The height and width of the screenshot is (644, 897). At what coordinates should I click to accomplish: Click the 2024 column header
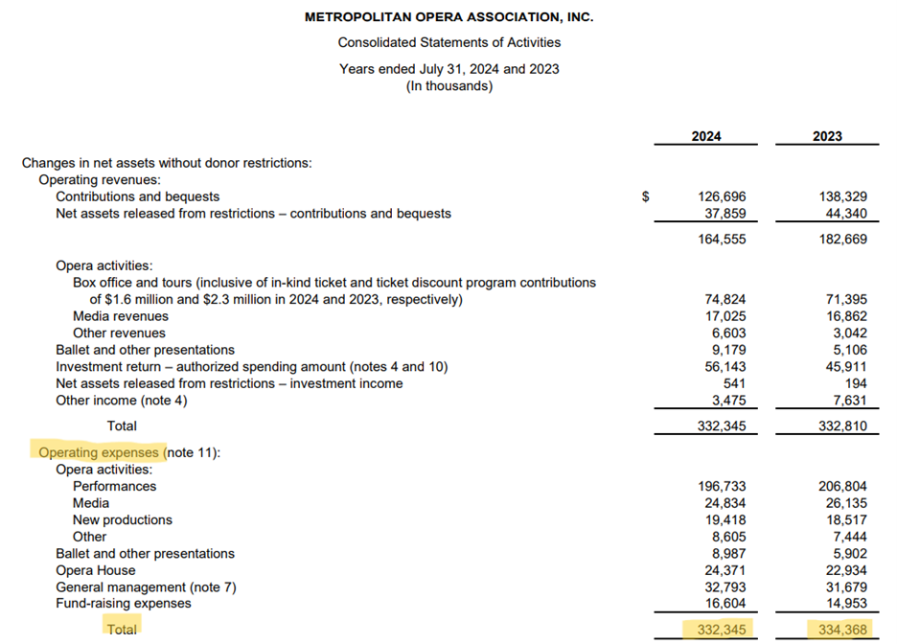(706, 136)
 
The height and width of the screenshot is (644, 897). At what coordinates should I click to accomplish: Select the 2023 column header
(827, 136)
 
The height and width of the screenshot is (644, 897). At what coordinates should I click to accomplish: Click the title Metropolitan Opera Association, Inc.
(448, 17)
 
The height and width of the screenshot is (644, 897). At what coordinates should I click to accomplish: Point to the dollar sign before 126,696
(646, 196)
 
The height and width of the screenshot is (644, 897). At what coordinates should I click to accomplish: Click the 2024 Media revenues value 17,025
(726, 316)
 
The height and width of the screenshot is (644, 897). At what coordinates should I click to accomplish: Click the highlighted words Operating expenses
(99, 452)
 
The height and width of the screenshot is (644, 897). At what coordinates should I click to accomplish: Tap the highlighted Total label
(122, 629)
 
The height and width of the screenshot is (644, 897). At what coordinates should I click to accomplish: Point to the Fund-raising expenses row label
(124, 604)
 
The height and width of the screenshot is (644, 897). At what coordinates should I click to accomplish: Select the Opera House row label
(96, 570)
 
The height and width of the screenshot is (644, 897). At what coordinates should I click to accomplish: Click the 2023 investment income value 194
(856, 383)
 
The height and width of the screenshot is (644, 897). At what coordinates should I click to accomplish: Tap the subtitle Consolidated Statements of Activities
(448, 42)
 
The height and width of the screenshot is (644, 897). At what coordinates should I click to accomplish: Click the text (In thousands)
(448, 85)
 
